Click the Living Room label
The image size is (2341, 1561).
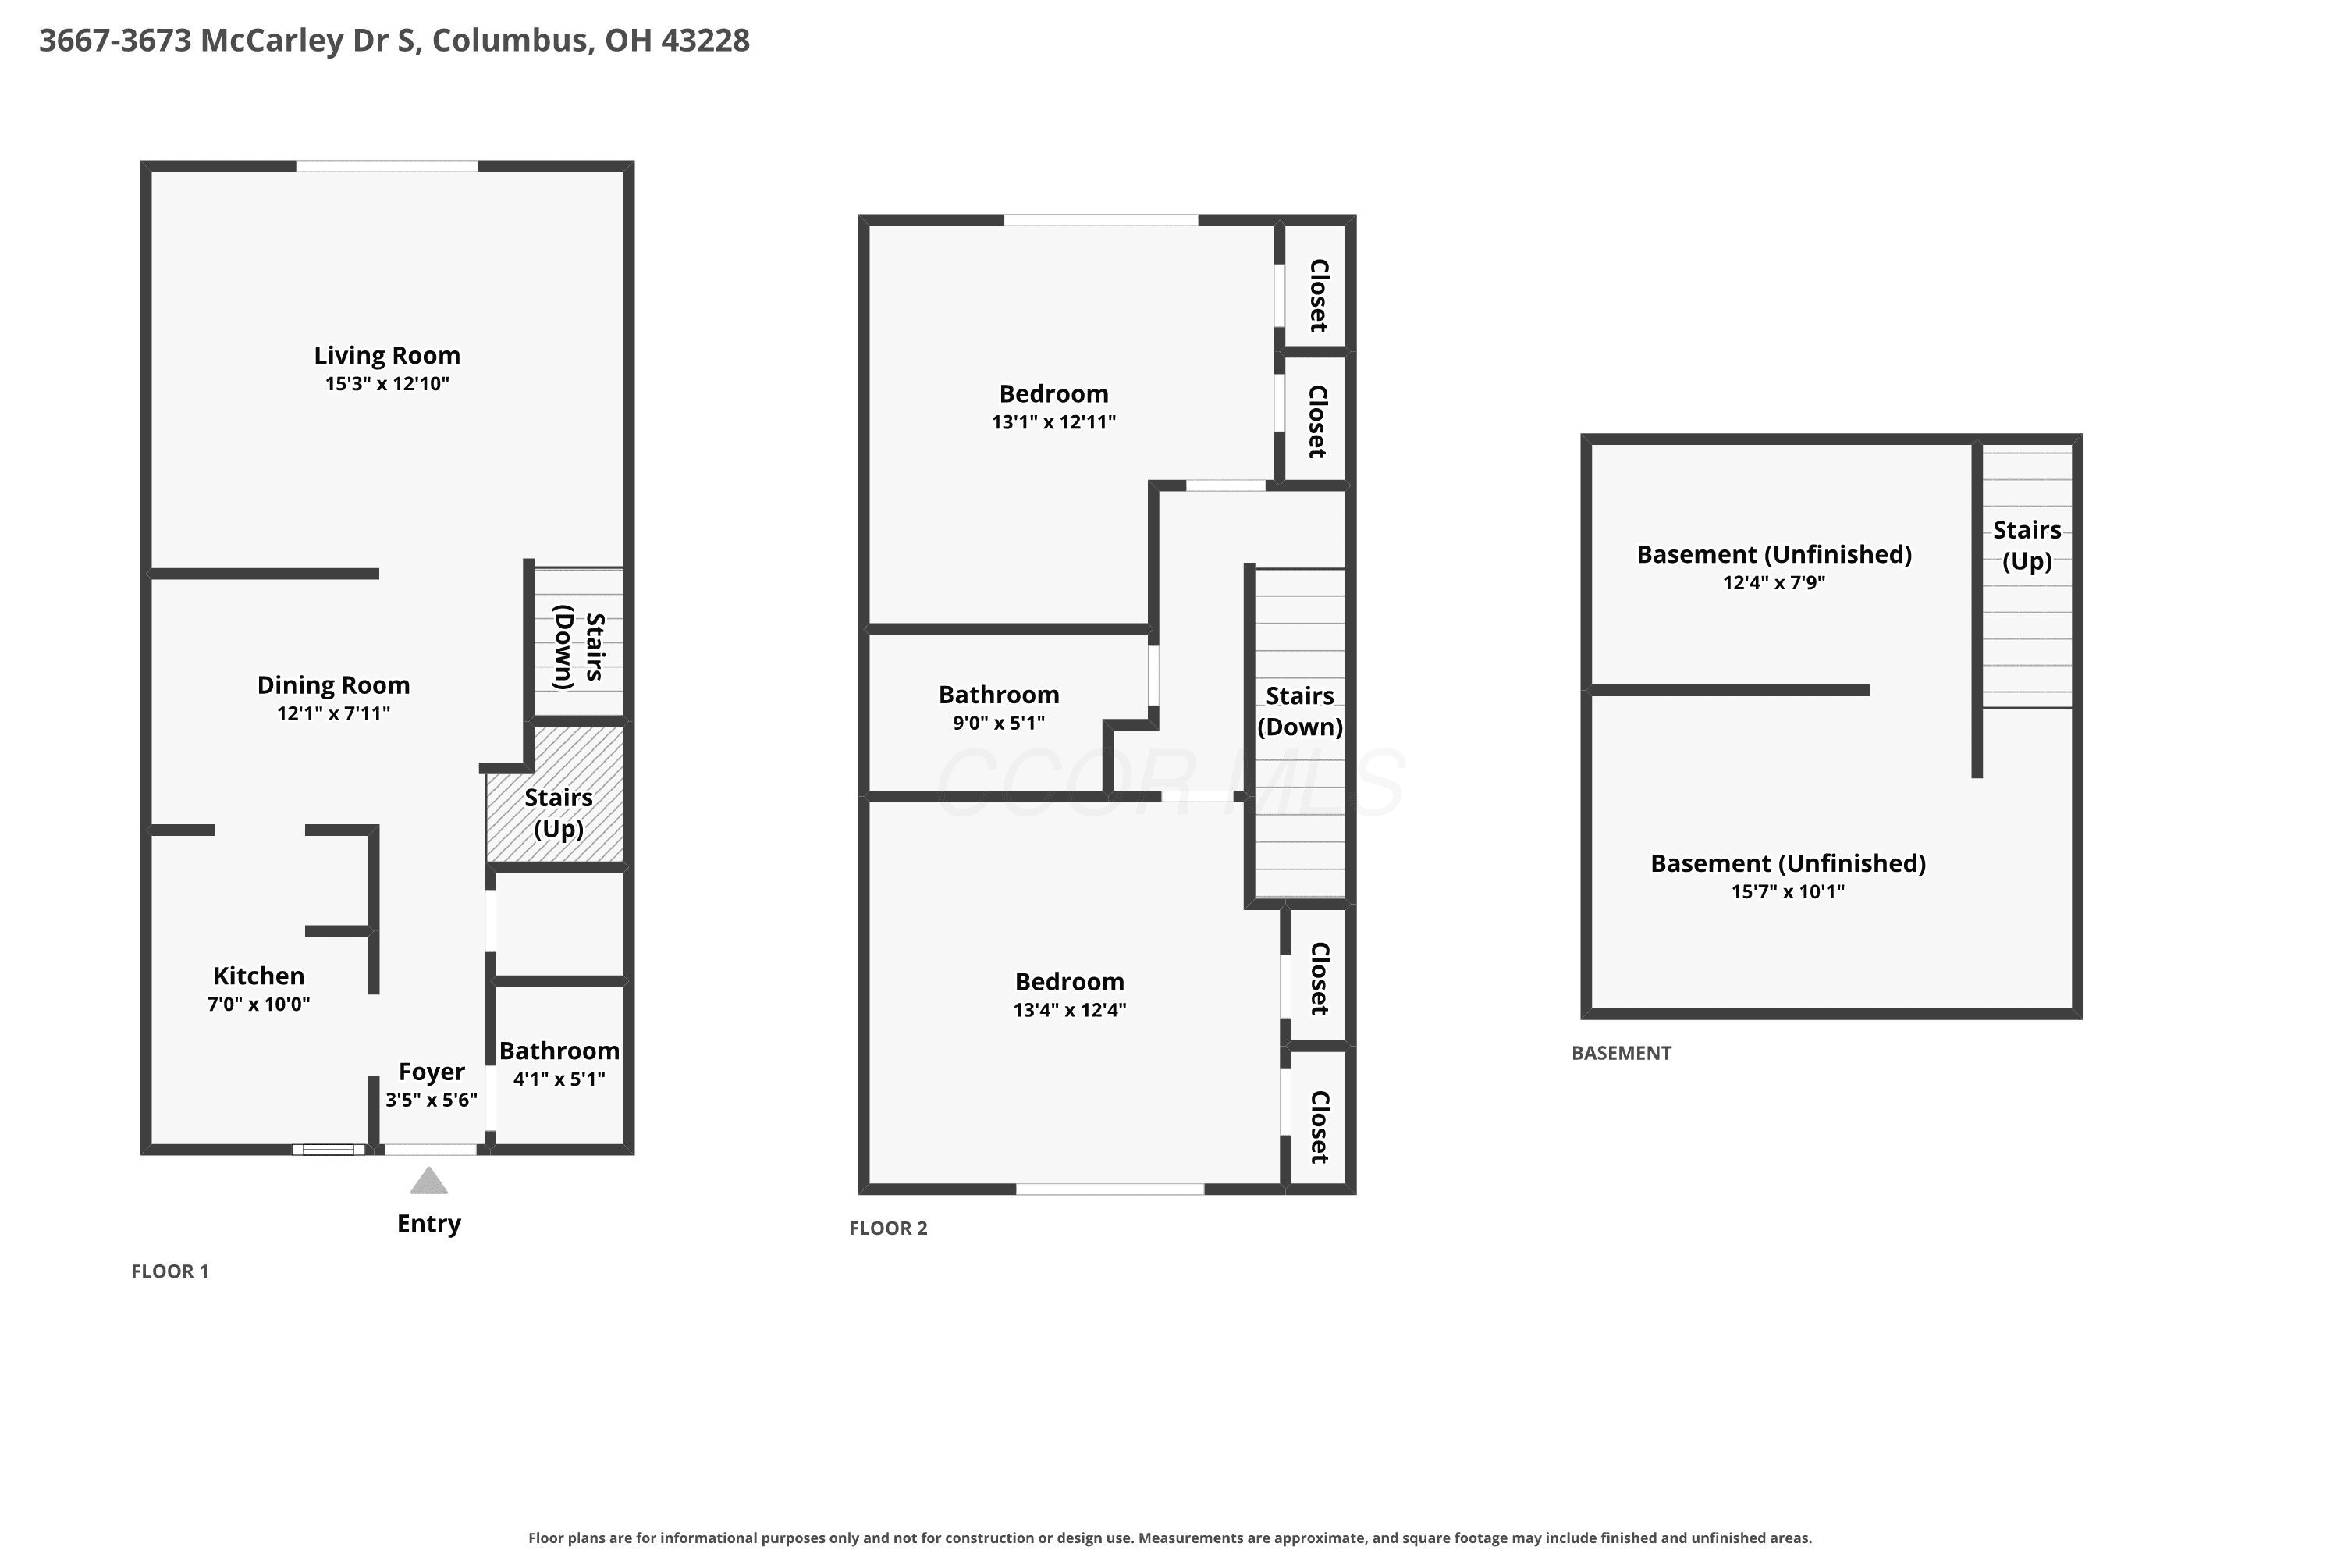(387, 355)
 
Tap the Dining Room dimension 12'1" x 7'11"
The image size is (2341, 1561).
(333, 713)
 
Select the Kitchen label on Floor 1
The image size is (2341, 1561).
(259, 976)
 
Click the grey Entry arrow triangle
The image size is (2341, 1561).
(429, 1182)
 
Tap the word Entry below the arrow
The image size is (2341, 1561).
(429, 1224)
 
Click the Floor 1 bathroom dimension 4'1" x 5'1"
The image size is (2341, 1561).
(559, 1078)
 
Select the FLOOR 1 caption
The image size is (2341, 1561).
(170, 1271)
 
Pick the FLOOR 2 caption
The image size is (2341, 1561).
(888, 1229)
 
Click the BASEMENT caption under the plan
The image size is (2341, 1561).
(1622, 1053)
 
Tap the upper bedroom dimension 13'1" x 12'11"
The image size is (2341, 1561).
(1054, 422)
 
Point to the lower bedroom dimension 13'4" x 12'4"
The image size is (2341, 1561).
(1070, 1009)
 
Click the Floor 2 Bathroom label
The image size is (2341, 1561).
(1000, 695)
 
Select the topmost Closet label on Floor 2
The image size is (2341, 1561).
(1319, 296)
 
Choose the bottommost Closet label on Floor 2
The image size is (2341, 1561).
(1319, 1127)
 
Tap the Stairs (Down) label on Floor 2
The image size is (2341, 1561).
(1300, 711)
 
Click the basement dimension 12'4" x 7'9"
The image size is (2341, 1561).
(1774, 582)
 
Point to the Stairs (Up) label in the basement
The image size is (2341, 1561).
(2027, 546)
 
